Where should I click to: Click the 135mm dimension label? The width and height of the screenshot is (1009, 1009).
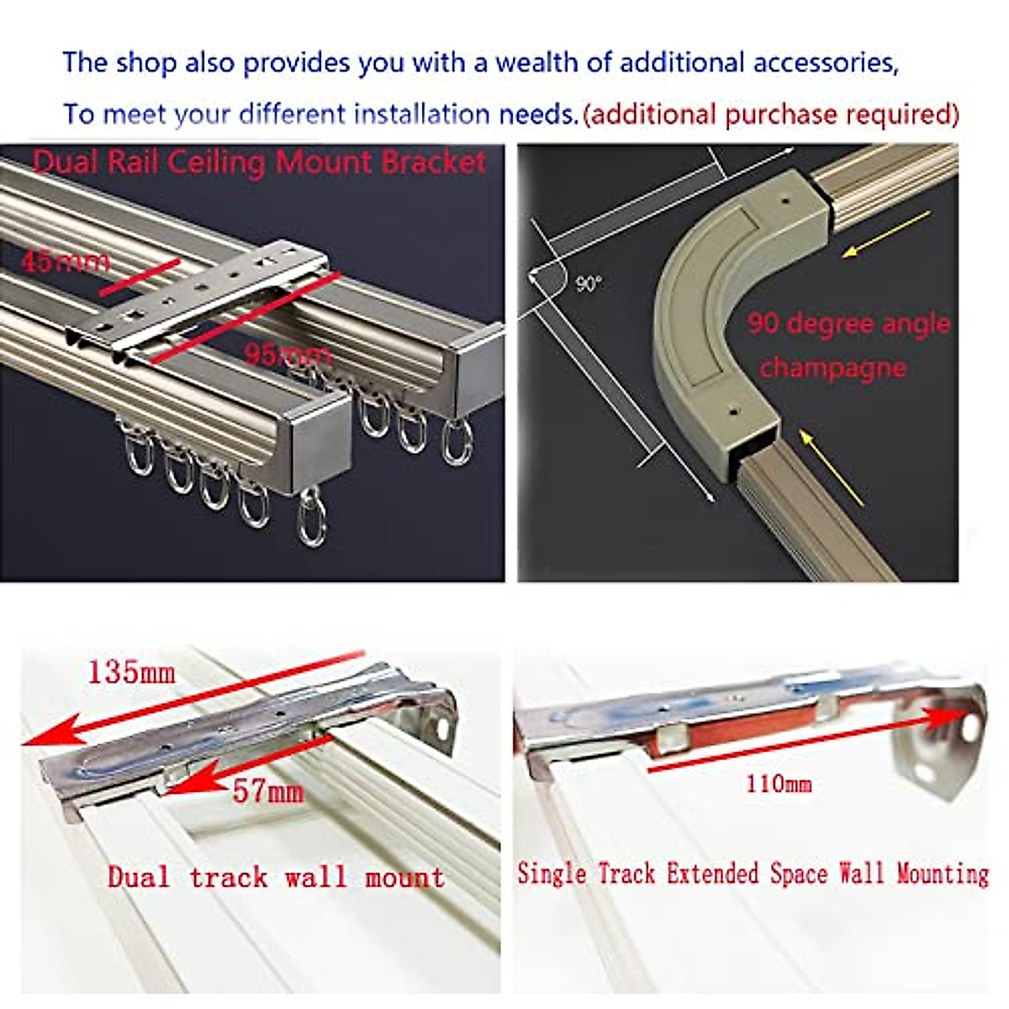click(131, 672)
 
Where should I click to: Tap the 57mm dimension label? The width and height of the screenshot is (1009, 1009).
click(267, 791)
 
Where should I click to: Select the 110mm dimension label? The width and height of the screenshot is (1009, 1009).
click(779, 784)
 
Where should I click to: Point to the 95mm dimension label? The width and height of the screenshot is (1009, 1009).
click(288, 354)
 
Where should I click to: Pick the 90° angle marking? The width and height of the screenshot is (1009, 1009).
click(589, 284)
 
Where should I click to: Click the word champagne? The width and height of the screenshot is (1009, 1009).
click(832, 367)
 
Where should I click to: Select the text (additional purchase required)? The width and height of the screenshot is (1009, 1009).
click(771, 114)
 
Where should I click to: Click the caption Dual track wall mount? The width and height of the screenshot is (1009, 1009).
click(276, 878)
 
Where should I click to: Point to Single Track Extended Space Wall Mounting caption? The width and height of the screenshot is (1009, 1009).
click(753, 874)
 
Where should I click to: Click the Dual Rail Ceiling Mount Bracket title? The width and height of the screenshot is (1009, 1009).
click(259, 161)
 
